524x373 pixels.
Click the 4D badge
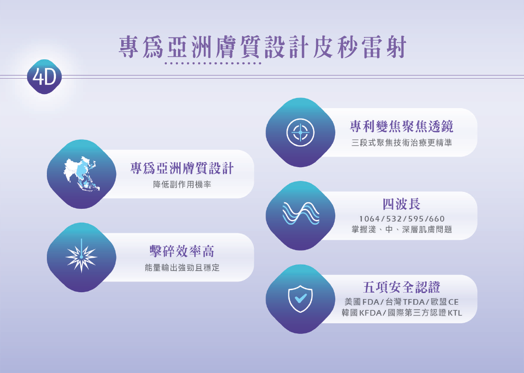(x=44, y=76)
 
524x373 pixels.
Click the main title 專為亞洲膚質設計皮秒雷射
(x=263, y=47)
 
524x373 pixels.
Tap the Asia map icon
(x=81, y=174)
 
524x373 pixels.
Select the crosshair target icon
(x=300, y=132)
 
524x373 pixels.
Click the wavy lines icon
(x=300, y=213)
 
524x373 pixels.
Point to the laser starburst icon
(x=81, y=256)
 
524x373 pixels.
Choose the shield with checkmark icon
(x=300, y=299)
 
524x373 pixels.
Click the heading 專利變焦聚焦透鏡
(x=401, y=126)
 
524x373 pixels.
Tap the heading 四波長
(x=401, y=204)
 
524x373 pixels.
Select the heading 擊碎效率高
(x=182, y=251)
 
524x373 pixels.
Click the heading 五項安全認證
(x=401, y=287)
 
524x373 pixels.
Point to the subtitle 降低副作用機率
(x=182, y=184)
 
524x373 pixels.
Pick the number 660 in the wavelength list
(x=437, y=219)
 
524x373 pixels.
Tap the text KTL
(x=455, y=313)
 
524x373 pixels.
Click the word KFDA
(x=370, y=313)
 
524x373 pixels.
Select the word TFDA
(x=414, y=302)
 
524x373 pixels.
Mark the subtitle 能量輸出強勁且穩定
(x=182, y=268)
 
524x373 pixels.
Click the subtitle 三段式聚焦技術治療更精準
(x=401, y=143)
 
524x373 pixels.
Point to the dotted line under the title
(x=213, y=63)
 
